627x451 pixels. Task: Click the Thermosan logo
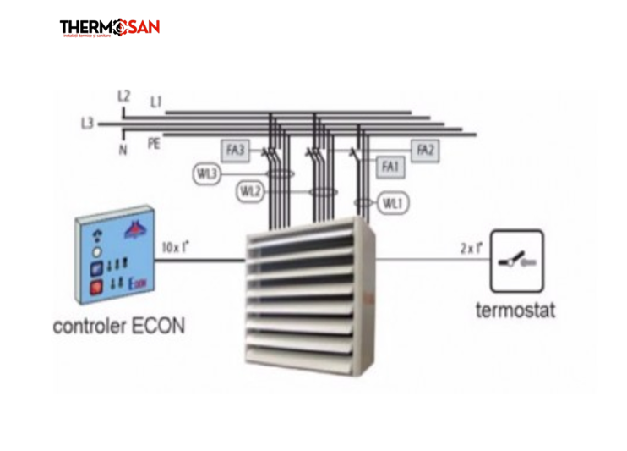coord(109,28)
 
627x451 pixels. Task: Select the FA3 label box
coord(235,151)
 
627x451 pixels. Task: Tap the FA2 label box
coord(426,150)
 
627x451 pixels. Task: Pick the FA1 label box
coord(390,168)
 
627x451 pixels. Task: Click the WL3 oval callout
coord(207,173)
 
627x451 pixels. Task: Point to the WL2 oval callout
coord(249,192)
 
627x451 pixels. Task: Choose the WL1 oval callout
coord(392,203)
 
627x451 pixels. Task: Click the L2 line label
coord(124,96)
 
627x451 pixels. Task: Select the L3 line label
coord(87,124)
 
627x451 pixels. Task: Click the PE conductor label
coord(154,143)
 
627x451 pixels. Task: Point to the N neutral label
coord(124,150)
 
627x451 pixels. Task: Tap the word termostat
coord(515,310)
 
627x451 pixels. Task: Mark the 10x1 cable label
coord(176,248)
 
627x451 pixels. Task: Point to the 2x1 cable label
coord(470,248)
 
